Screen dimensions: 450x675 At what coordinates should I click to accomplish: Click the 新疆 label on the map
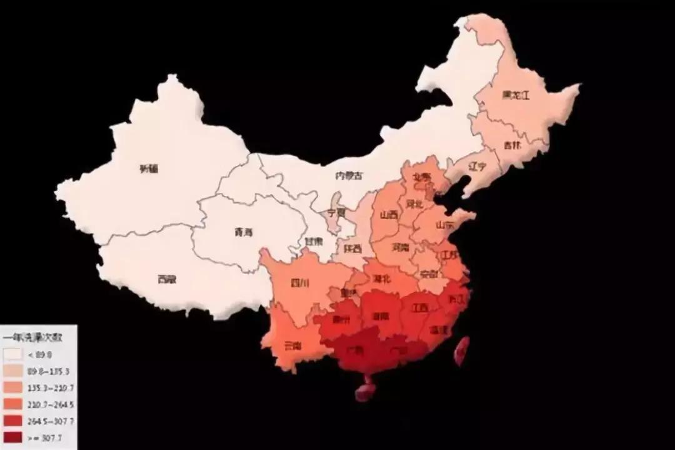click(149, 168)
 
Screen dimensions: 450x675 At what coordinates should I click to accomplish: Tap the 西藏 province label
click(167, 279)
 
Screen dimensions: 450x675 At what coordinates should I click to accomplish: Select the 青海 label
click(244, 233)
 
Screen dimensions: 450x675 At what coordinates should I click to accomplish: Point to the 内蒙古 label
click(349, 176)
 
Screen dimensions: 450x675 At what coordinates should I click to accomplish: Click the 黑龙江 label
click(516, 96)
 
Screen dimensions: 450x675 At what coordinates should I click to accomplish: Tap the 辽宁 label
click(477, 166)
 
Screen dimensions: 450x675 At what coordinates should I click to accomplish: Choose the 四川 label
click(300, 283)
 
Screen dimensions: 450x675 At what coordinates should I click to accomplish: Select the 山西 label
click(389, 215)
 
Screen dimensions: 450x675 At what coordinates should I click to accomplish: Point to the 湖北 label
click(381, 279)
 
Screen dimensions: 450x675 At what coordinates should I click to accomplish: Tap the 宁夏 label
click(336, 212)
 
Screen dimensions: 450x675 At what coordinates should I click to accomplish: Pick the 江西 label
click(419, 308)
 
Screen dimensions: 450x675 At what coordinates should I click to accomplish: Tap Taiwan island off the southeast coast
click(462, 350)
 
